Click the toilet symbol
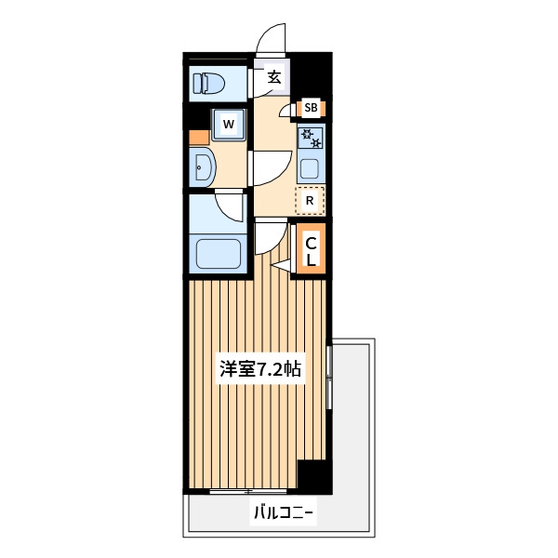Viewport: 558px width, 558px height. click(209, 84)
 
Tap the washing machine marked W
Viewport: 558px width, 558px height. click(229, 125)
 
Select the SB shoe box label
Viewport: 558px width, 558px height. click(311, 108)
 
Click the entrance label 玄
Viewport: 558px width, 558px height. click(274, 77)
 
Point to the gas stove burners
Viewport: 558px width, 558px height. click(311, 138)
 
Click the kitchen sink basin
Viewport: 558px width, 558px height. click(310, 169)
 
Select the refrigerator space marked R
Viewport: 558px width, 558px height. click(310, 201)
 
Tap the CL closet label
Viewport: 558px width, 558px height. click(311, 251)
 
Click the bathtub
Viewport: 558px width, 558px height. click(219, 254)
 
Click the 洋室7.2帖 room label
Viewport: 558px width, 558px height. click(260, 368)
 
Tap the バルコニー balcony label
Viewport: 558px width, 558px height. click(284, 512)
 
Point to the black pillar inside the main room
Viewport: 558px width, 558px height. click(314, 477)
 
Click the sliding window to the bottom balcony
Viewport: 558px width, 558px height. click(248, 492)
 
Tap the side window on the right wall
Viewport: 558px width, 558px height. click(329, 377)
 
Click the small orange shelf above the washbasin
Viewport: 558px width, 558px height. click(199, 138)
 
